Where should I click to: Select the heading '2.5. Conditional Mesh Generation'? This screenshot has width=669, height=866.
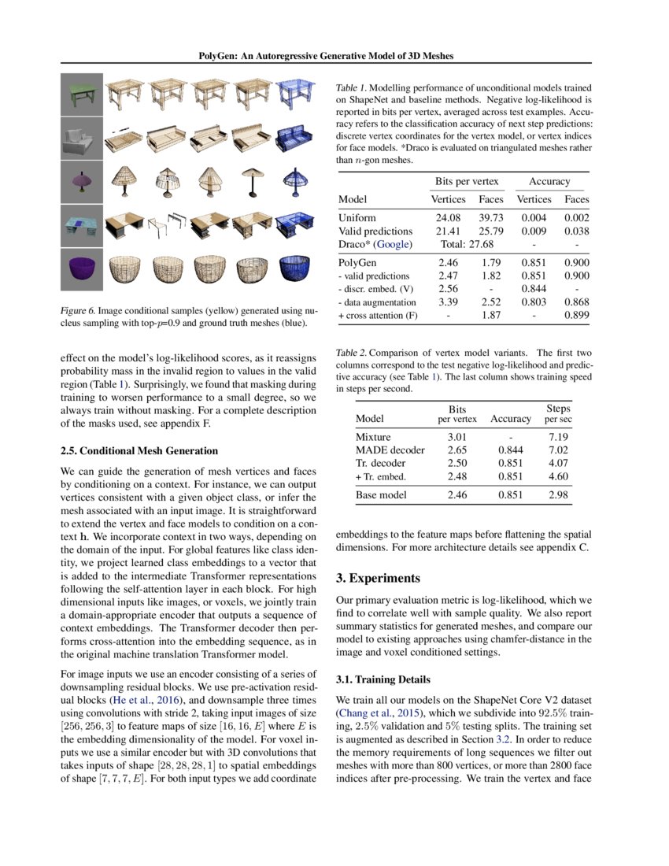point(139,451)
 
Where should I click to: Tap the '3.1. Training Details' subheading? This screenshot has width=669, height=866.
point(383,679)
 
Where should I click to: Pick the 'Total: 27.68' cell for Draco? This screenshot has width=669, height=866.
point(469,246)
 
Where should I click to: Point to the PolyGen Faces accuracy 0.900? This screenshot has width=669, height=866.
point(576,262)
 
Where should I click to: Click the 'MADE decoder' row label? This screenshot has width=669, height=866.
point(390,450)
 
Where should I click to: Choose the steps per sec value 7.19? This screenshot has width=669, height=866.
point(558,436)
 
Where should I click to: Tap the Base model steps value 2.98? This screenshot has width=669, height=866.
point(558,495)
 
